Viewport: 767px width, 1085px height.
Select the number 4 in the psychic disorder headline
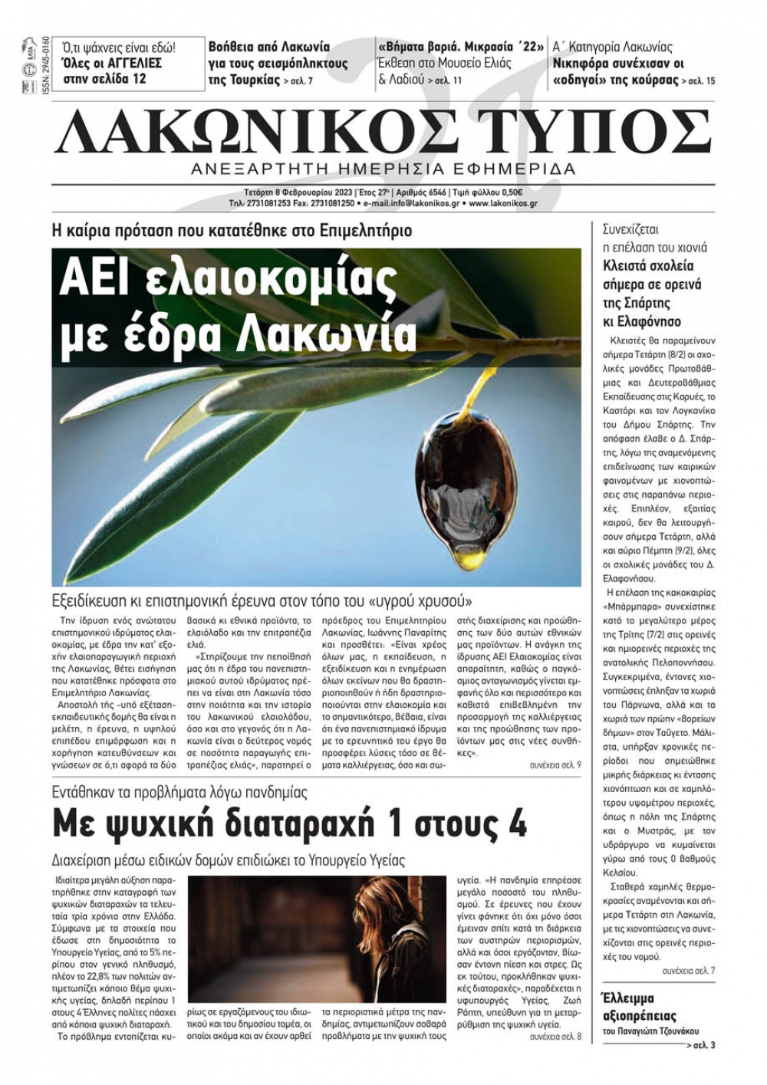point(515,825)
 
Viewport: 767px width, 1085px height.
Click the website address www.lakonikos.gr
point(502,204)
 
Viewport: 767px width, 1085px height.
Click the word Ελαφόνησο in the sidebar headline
point(642,322)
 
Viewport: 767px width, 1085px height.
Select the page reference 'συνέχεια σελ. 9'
point(555,765)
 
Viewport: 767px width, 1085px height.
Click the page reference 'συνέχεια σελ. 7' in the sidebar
point(689,971)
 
